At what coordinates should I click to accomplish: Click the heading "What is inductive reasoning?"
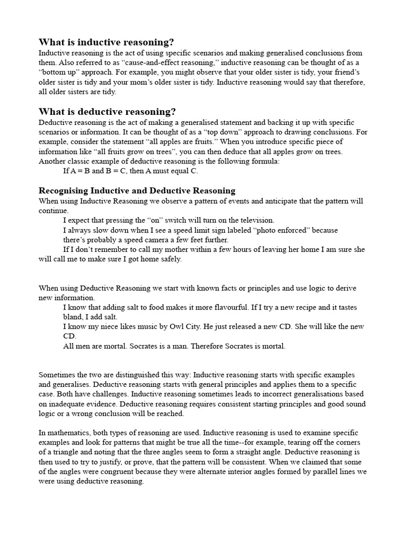(106, 42)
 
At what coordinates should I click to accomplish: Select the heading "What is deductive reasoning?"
(107, 112)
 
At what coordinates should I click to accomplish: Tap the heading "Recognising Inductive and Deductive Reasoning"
(137, 191)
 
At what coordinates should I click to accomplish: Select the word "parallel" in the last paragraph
(317, 472)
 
